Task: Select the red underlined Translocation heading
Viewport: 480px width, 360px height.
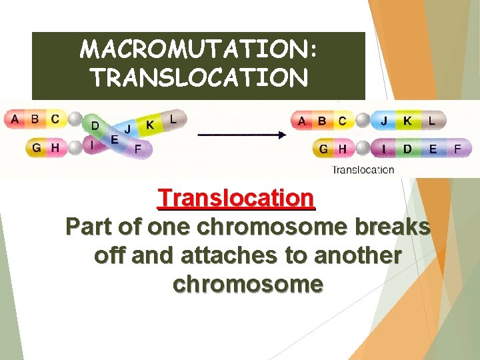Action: (236, 198)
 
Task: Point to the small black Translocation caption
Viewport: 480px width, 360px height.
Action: (363, 169)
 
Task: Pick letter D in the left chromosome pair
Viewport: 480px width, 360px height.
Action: (95, 125)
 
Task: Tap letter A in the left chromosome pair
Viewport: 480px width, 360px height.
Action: (15, 120)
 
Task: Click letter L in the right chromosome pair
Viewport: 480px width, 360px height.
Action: (432, 121)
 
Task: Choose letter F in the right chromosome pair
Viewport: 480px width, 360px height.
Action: (457, 149)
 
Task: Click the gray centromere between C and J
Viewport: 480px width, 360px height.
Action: (362, 121)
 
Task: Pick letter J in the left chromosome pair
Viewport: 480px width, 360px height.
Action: (127, 129)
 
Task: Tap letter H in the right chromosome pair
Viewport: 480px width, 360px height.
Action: (342, 149)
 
